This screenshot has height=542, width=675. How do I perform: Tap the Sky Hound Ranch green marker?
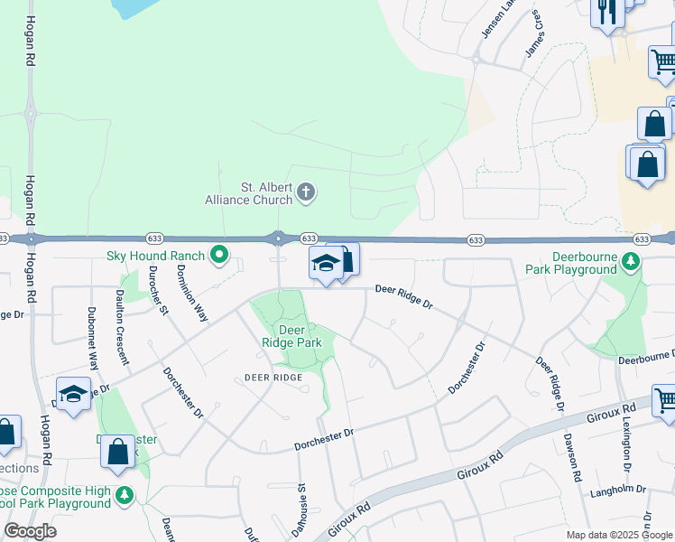[218, 256]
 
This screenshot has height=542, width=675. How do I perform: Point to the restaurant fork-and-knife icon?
[606, 12]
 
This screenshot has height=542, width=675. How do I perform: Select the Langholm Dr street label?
[618, 489]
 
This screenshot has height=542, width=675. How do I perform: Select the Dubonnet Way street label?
[93, 336]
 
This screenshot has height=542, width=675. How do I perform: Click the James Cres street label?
[533, 35]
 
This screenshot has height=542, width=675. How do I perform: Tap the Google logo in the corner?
[30, 531]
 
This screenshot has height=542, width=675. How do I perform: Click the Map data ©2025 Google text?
[618, 535]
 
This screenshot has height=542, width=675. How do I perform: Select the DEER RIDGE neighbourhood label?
[273, 377]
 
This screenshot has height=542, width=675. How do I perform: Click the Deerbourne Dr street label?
[645, 358]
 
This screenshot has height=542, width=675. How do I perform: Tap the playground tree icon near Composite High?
[124, 495]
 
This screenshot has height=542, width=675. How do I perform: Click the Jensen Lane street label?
[497, 20]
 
